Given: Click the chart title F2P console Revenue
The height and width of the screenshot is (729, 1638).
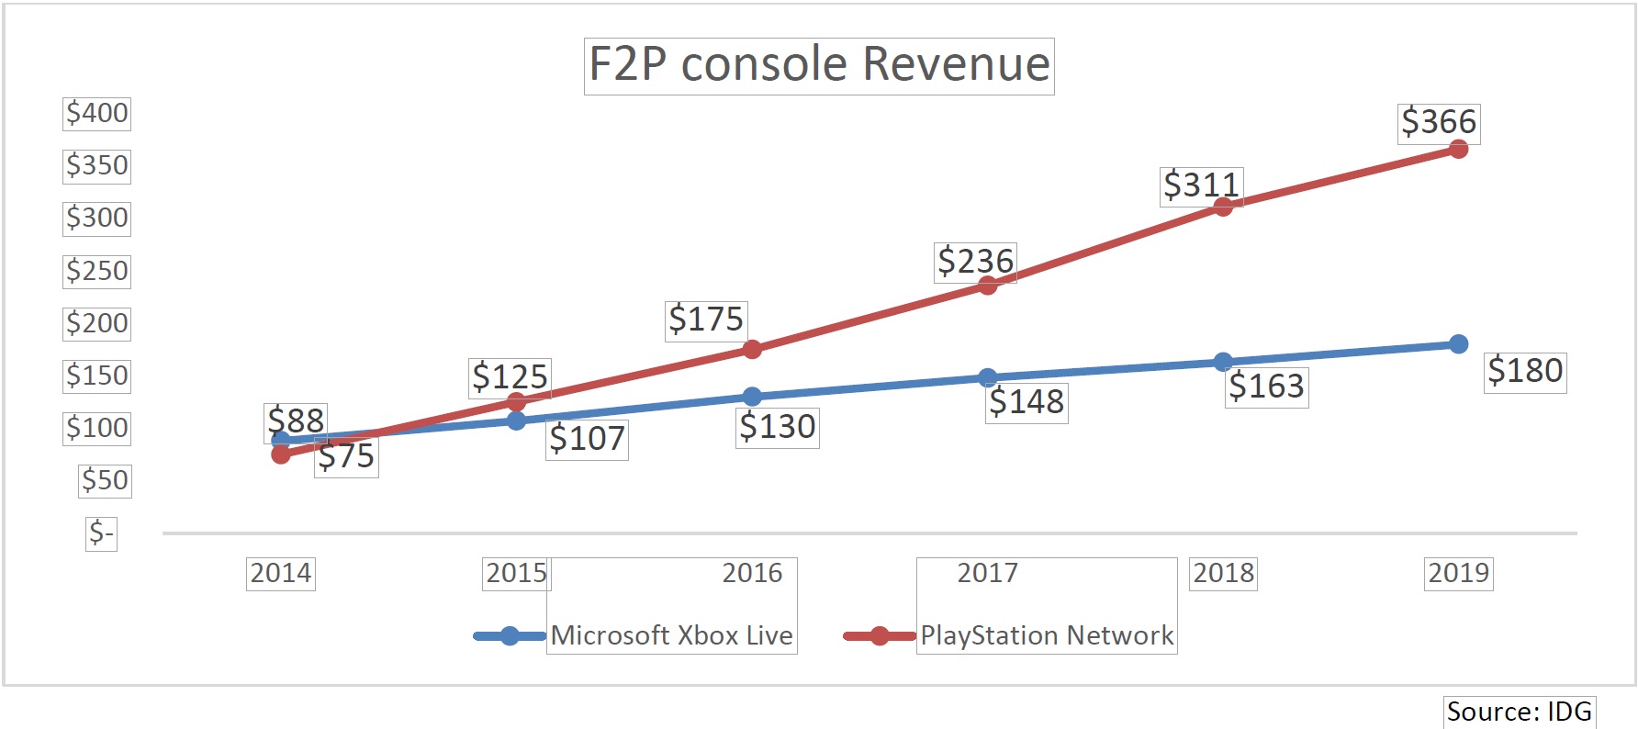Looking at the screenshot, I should (x=819, y=65).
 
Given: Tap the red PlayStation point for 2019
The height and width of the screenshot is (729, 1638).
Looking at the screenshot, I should (x=1458, y=149).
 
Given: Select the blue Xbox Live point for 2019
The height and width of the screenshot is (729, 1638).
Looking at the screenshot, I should (x=1458, y=344).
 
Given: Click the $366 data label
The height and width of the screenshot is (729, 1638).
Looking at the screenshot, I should (x=1439, y=122).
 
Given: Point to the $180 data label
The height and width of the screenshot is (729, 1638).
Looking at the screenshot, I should (x=1525, y=372).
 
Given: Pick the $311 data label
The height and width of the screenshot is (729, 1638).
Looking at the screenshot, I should (x=1201, y=185).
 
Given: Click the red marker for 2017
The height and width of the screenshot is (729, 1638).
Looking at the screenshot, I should (x=988, y=285).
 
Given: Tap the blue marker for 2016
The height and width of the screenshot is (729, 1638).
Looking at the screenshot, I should (x=752, y=397).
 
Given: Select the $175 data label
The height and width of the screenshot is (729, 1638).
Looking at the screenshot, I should (x=705, y=320).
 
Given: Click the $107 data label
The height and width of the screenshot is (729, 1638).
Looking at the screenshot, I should (x=587, y=439).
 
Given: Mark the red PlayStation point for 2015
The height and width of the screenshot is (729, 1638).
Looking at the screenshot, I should (x=516, y=401).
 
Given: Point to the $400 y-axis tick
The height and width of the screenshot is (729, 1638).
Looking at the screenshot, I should (x=96, y=113).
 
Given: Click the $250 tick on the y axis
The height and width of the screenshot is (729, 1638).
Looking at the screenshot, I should (x=96, y=271).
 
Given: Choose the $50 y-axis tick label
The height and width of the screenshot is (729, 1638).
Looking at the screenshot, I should (x=105, y=480).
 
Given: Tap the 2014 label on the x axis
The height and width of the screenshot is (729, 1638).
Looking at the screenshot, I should (x=281, y=573).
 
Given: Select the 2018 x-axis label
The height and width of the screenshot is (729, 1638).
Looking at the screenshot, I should (x=1223, y=573).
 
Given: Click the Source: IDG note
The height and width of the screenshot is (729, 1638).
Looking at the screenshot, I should (x=1519, y=712).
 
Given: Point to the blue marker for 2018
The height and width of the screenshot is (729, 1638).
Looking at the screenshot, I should (x=1223, y=362).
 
